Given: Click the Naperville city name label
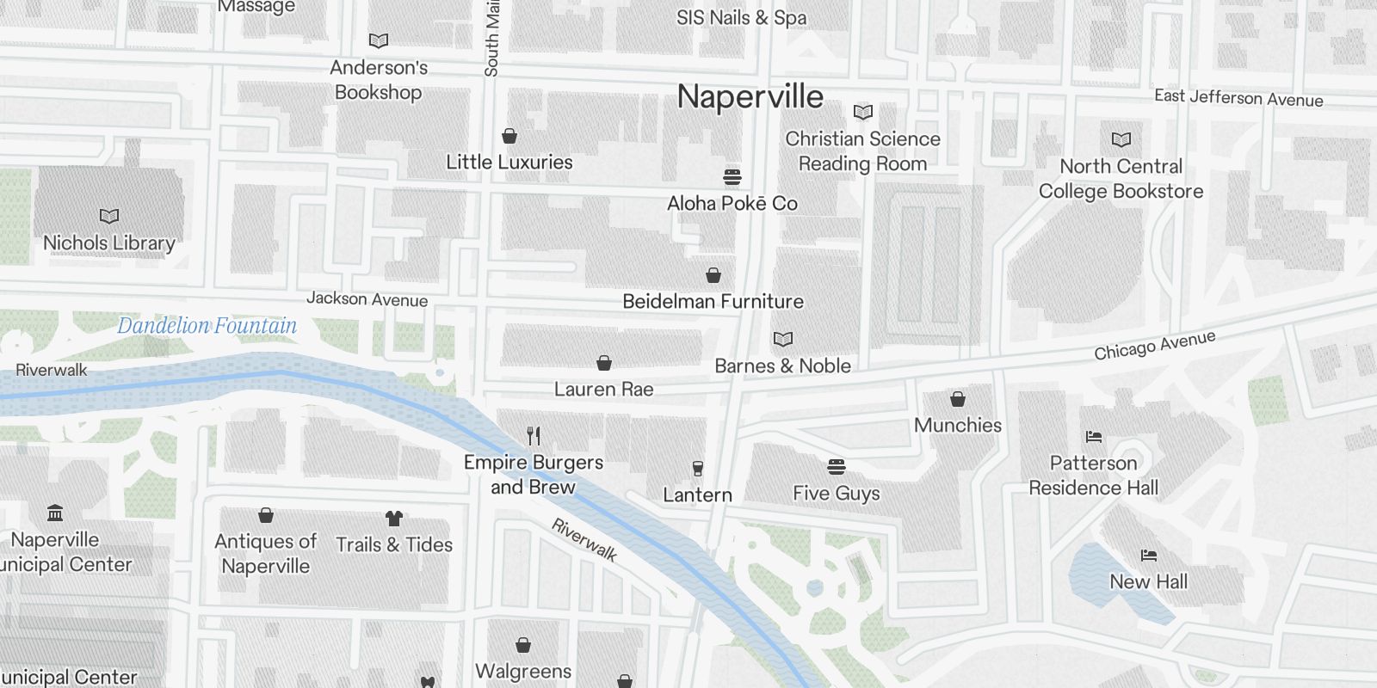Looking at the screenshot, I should (750, 96).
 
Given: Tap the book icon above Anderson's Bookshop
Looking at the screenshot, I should (378, 40).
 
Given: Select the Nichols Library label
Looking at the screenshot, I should (109, 243).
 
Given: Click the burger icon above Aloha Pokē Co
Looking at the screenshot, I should (732, 177).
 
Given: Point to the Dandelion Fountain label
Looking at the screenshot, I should (207, 326).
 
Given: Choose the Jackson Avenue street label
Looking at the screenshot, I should (367, 299).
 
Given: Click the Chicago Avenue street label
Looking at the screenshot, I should (1154, 345).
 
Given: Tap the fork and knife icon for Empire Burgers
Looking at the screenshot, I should (534, 436).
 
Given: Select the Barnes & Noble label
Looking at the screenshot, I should (782, 365).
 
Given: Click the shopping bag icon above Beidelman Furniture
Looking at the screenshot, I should (713, 275).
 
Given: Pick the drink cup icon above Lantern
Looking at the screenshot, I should (697, 469).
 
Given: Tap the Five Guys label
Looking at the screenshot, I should (836, 493).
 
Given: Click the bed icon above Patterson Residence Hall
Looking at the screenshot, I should (1094, 437).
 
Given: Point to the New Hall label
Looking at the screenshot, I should (1148, 581).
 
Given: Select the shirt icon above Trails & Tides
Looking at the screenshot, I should (393, 518).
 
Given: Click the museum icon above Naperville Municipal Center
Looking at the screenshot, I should (55, 513).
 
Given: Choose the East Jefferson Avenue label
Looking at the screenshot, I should (1238, 98).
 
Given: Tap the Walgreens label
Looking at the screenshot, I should (523, 671).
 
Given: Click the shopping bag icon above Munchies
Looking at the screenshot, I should (957, 399).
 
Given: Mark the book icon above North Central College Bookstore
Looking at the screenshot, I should (1121, 139).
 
